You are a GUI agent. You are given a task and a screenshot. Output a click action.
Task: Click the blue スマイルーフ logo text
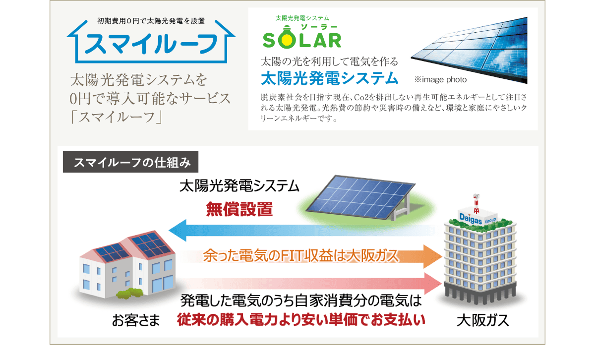151,44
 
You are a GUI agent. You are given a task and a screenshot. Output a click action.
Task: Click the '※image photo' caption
440,79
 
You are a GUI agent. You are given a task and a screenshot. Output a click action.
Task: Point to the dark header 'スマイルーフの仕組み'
130,162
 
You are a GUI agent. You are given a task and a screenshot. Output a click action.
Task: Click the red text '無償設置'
239,209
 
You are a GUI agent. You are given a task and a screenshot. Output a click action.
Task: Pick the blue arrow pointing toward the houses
303,230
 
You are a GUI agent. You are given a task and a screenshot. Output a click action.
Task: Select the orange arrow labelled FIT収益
311,256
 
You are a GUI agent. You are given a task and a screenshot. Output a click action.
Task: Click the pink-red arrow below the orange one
311,284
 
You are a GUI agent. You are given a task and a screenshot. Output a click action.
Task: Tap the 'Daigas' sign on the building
471,219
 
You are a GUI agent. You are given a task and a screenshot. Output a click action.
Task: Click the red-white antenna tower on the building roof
476,204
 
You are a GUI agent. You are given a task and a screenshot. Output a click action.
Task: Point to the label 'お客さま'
136,320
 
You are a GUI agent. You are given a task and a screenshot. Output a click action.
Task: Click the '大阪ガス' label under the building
482,320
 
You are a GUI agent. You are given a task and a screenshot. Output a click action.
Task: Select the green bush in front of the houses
129,293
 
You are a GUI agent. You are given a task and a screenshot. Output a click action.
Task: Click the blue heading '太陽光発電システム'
330,78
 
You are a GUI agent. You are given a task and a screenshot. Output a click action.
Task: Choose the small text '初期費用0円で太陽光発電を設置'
151,21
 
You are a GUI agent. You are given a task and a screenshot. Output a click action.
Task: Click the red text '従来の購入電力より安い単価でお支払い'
301,320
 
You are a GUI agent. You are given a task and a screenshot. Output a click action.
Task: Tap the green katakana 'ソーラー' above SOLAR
319,27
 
